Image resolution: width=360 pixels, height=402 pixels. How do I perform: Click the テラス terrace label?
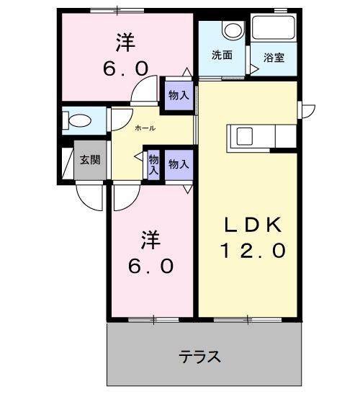[199, 357]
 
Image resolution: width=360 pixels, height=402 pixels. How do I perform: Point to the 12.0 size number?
[253, 251]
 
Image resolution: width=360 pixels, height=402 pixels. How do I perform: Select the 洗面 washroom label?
[221, 55]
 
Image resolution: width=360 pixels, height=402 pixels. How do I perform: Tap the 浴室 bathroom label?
[274, 57]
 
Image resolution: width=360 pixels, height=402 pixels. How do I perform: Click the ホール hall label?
[145, 128]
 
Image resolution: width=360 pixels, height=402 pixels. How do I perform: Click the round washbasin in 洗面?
[232, 31]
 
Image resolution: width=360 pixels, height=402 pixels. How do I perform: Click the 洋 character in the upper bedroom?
[127, 42]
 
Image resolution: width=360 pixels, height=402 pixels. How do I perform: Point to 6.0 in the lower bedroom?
[150, 266]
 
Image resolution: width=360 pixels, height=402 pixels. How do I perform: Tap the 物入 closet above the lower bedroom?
[179, 164]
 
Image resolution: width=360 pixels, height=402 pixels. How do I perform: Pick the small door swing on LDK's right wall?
[308, 110]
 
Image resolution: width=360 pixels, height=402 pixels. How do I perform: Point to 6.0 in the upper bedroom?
[127, 68]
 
